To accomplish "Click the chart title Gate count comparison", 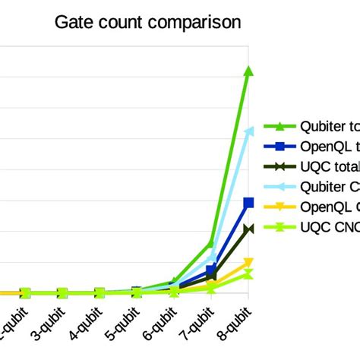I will tap(148, 22).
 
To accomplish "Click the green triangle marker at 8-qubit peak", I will tap(248, 71).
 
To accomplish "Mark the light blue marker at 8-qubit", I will tap(248, 131).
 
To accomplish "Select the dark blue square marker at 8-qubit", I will tap(248, 202).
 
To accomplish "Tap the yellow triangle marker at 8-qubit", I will tap(248, 263).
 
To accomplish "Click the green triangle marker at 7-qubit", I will tap(212, 243).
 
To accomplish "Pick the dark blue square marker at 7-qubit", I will tap(212, 270).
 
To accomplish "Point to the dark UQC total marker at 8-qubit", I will tap(248, 229).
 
